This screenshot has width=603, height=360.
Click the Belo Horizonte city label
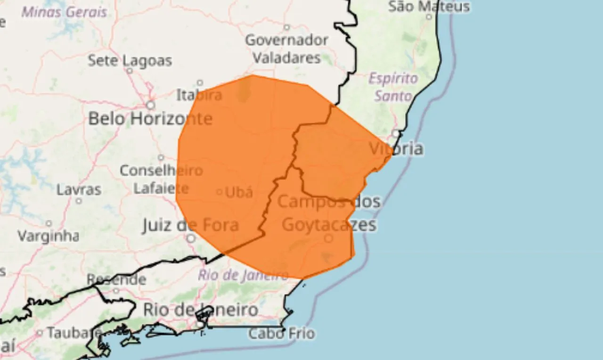click(x=150, y=118)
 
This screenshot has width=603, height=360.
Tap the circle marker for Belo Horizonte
click(x=150, y=105)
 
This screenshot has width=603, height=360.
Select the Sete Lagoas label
click(x=130, y=60)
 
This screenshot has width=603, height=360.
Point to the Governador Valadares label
click(x=286, y=49)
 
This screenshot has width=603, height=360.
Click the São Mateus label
click(x=429, y=6)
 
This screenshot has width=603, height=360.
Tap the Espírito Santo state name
click(x=393, y=87)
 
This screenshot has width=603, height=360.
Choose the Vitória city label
click(x=396, y=148)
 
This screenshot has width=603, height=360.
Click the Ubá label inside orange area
click(x=239, y=192)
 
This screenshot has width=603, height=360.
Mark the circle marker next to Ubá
click(x=220, y=192)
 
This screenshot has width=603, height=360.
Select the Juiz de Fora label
click(x=190, y=225)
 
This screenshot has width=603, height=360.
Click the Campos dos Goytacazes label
click(x=329, y=213)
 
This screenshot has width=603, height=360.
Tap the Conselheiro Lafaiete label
click(x=161, y=179)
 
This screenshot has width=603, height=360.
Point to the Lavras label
click(x=79, y=190)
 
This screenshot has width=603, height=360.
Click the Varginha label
click(x=48, y=236)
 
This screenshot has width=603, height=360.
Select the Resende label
click(x=116, y=279)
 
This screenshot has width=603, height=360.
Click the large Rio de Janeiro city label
click(x=200, y=310)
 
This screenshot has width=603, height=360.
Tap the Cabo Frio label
click(x=281, y=334)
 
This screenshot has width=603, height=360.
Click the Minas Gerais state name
click(x=64, y=12)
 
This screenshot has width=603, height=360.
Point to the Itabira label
click(x=199, y=95)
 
